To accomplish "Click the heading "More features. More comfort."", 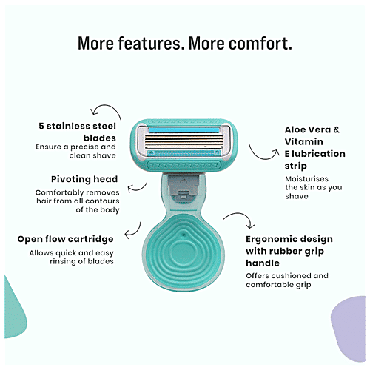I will (x=184, y=43).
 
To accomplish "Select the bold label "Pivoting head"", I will (x=81, y=180).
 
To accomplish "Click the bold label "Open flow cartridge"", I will (x=66, y=239).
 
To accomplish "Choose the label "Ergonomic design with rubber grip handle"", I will (x=289, y=251).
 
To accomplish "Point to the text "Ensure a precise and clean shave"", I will (x=76, y=152).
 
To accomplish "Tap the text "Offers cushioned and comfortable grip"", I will (x=287, y=280).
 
